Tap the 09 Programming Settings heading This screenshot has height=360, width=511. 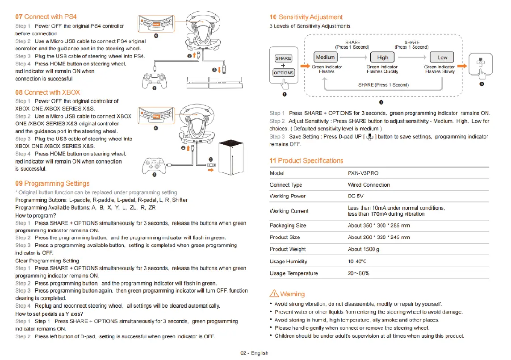[52, 184]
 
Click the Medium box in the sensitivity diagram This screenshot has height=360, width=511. [325, 57]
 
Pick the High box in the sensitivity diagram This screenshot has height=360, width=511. [383, 57]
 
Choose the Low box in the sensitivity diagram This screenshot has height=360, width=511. [442, 57]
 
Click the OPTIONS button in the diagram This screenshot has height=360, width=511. [284, 72]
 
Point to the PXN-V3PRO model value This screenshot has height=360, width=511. [364, 173]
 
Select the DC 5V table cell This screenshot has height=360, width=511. [356, 196]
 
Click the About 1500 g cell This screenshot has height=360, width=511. [364, 249]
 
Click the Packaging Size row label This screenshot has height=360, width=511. [288, 226]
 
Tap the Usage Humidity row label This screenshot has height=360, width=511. [288, 261]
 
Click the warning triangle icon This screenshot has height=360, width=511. [273, 294]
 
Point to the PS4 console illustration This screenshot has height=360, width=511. [208, 84]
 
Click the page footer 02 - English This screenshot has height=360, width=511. [254, 353]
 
